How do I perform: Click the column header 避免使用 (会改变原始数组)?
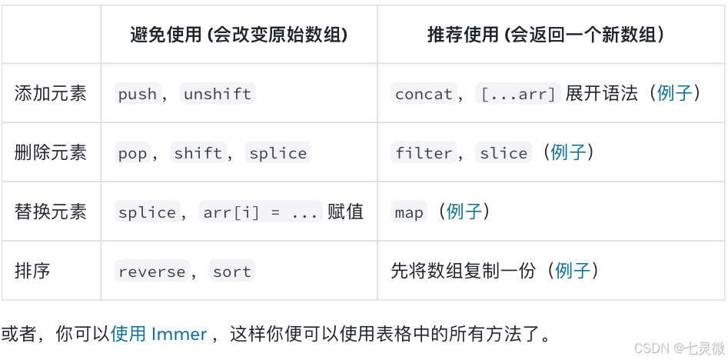click(x=238, y=35)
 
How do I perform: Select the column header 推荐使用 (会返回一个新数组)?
click(x=546, y=35)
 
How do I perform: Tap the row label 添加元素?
click(x=51, y=94)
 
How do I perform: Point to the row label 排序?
click(x=32, y=271)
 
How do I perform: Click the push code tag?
click(x=138, y=95)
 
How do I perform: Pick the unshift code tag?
click(x=218, y=95)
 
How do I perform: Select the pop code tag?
click(x=132, y=154)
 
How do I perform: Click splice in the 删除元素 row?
click(x=278, y=154)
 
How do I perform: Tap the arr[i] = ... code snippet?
click(x=261, y=213)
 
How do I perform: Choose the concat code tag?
click(x=424, y=95)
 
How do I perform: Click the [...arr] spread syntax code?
click(x=518, y=95)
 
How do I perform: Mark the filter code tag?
click(x=424, y=154)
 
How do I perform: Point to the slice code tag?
click(x=504, y=154)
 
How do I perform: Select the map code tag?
click(x=409, y=213)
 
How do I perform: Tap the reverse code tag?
click(x=152, y=272)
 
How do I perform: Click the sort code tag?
click(x=232, y=272)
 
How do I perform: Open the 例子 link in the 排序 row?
click(x=573, y=271)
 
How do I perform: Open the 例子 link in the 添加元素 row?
click(x=675, y=94)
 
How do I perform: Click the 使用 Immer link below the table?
click(x=159, y=334)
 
